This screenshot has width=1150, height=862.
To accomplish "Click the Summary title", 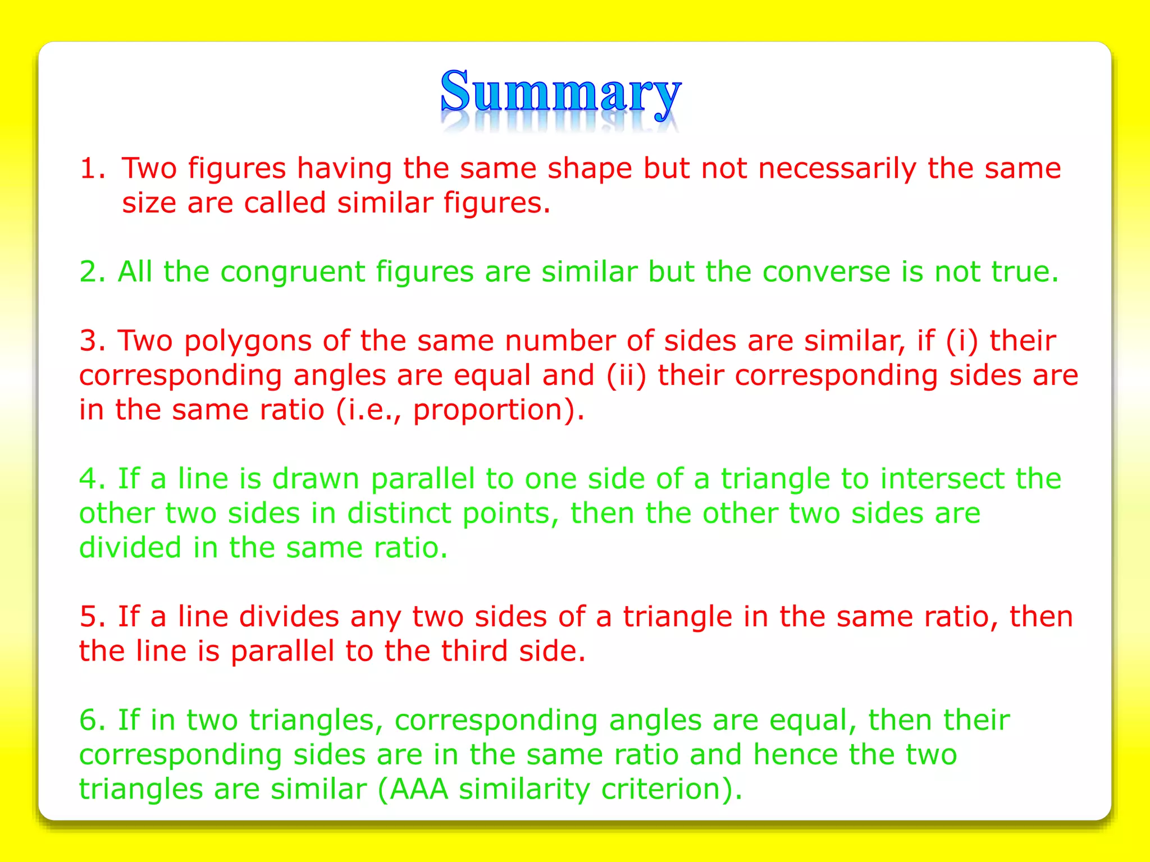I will point(560,93).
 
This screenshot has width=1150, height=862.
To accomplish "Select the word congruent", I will point(292,272).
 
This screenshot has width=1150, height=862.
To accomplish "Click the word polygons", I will point(248,341).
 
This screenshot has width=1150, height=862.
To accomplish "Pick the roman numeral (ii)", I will point(626,375).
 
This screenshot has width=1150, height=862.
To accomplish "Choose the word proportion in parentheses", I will point(487,410).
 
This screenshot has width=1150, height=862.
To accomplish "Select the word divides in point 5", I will point(289,617).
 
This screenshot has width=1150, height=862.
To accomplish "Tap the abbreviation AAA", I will point(419,790).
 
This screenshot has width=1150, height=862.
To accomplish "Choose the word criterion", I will point(660,790).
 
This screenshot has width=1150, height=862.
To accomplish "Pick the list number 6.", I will point(92,721).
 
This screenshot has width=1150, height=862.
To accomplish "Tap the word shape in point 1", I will point(590,168).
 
